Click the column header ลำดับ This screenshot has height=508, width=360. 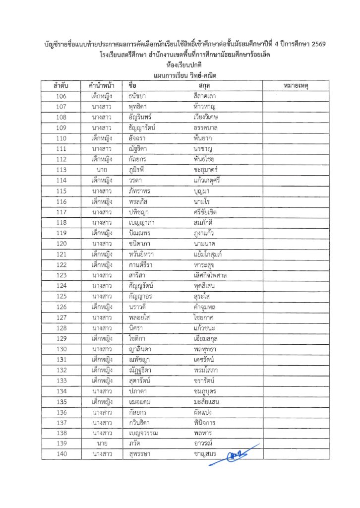[61, 86]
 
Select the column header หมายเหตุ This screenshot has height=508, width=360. [296, 86]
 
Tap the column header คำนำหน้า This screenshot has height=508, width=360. [101, 86]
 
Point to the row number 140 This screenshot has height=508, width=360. [61, 454]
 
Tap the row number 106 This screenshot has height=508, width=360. [61, 96]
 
